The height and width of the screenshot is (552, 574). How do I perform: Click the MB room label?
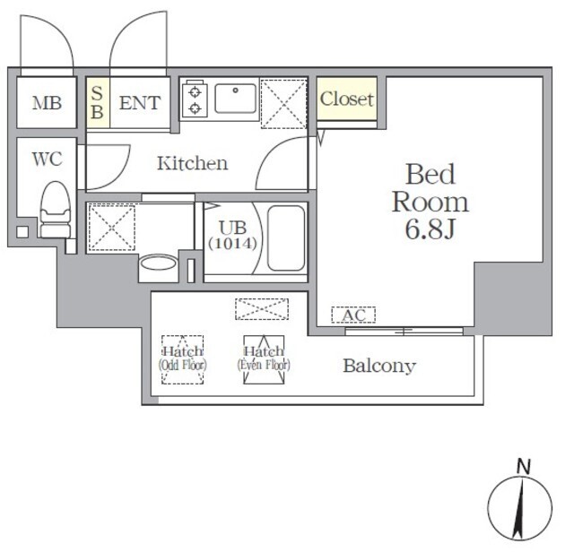coord(47,103)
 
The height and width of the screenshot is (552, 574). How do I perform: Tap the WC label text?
coord(47,159)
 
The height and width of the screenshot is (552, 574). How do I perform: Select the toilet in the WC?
coord(56,210)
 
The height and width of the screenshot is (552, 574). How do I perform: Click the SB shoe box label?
coord(97,102)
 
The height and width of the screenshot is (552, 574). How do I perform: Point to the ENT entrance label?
coord(140,103)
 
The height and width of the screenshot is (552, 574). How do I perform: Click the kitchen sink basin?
coord(235,98)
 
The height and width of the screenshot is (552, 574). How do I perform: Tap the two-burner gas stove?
coord(195,99)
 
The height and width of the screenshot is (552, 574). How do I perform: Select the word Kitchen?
coord(193,163)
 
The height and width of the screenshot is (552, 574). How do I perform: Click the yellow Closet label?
coord(347,99)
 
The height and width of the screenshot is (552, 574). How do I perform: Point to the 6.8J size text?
coord(430,229)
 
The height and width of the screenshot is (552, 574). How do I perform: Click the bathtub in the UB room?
coord(286,237)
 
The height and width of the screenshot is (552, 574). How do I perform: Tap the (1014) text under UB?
coord(233,243)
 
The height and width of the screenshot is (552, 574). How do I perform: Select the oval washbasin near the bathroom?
coord(158,263)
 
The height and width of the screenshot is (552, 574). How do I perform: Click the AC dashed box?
coord(353,315)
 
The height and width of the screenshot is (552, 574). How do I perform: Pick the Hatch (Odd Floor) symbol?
coord(182,359)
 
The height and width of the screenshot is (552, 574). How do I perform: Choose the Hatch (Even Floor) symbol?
coord(264,359)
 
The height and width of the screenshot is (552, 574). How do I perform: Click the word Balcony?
coord(379,366)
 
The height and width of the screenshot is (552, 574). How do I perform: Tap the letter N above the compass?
coord(524,467)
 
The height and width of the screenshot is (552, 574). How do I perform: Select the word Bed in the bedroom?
coord(430,174)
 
